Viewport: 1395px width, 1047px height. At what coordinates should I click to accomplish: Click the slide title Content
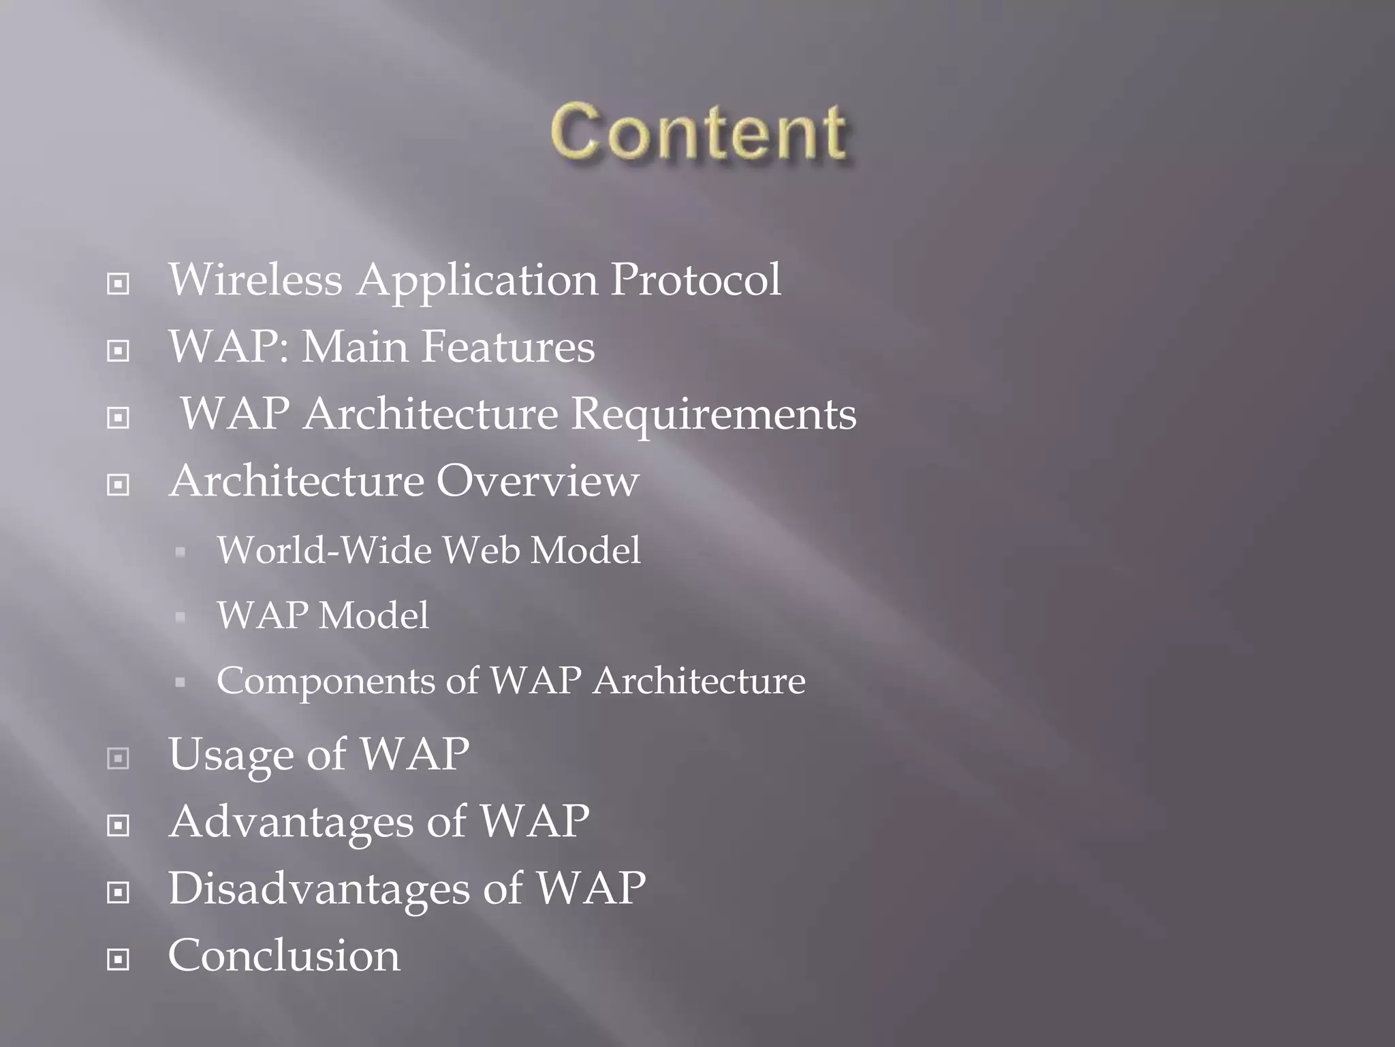click(x=698, y=132)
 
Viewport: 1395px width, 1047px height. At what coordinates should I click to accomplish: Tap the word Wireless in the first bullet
click(x=255, y=279)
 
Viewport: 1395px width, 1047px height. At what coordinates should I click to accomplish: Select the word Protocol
click(x=695, y=279)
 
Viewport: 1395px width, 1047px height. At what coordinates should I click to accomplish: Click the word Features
click(x=507, y=346)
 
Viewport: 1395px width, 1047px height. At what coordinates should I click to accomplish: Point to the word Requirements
click(x=714, y=414)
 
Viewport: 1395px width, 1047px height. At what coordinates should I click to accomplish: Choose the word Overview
click(x=537, y=481)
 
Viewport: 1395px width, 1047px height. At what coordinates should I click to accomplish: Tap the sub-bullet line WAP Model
click(x=323, y=615)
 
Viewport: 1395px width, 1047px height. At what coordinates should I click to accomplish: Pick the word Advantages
click(x=292, y=821)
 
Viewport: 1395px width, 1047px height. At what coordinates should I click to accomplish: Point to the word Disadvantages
click(x=319, y=889)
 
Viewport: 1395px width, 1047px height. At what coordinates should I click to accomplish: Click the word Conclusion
click(x=284, y=956)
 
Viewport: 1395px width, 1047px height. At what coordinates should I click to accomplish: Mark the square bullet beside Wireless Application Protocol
click(x=119, y=284)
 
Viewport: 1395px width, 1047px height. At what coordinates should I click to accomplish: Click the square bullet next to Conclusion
click(x=119, y=960)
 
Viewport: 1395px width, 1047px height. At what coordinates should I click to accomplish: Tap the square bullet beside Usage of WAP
click(x=119, y=758)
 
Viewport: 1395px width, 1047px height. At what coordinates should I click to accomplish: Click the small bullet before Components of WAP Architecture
click(x=181, y=682)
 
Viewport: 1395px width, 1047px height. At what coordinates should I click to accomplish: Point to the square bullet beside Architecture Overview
click(x=119, y=485)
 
